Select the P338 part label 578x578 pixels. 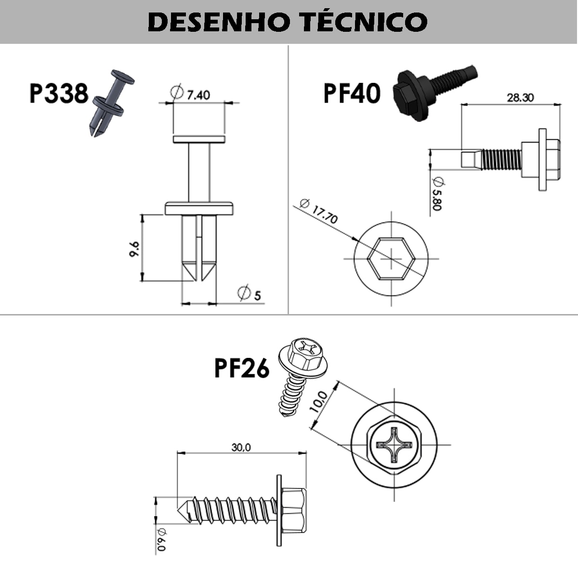59,93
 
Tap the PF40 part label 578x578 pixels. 352,93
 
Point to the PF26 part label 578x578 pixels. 242,369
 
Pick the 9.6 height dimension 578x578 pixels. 134,249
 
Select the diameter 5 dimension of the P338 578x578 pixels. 251,293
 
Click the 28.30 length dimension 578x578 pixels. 520,97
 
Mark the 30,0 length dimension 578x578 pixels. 241,447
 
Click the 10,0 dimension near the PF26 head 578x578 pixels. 319,401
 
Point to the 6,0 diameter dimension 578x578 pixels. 161,540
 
